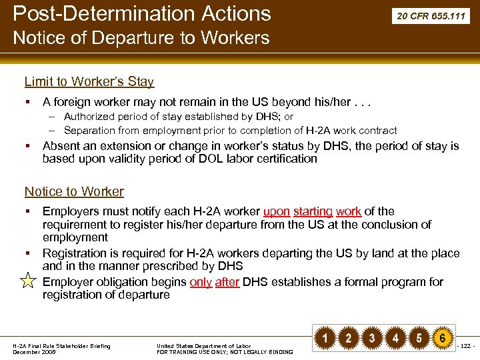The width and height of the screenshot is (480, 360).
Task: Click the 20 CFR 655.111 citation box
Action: pyautogui.click(x=429, y=15)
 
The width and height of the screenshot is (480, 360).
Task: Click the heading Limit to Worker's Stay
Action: pyautogui.click(x=89, y=82)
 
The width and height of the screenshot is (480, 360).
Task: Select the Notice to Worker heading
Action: pyautogui.click(x=74, y=192)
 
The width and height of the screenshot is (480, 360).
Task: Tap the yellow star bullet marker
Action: pyautogui.click(x=28, y=281)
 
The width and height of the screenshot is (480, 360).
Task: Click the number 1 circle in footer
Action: pyautogui.click(x=325, y=338)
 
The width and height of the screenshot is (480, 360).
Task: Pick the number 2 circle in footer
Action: pyautogui.click(x=348, y=338)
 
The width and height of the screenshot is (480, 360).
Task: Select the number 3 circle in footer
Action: pyautogui.click(x=372, y=338)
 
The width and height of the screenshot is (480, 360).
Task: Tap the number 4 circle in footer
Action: pyautogui.click(x=395, y=338)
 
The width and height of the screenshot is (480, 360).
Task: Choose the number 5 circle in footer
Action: pyautogui.click(x=419, y=338)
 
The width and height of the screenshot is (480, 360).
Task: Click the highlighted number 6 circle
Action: pyautogui.click(x=442, y=338)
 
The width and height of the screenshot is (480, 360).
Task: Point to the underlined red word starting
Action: pyautogui.click(x=313, y=211)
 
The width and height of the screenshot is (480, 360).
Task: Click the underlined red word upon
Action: pyautogui.click(x=277, y=211)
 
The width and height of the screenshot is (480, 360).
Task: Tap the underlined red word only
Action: pyautogui.click(x=201, y=282)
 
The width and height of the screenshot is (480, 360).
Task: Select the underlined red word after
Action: pyautogui.click(x=227, y=282)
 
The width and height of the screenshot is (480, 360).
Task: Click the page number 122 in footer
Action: pyautogui.click(x=465, y=345)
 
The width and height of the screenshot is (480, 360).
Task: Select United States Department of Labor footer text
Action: pyautogui.click(x=203, y=345)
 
